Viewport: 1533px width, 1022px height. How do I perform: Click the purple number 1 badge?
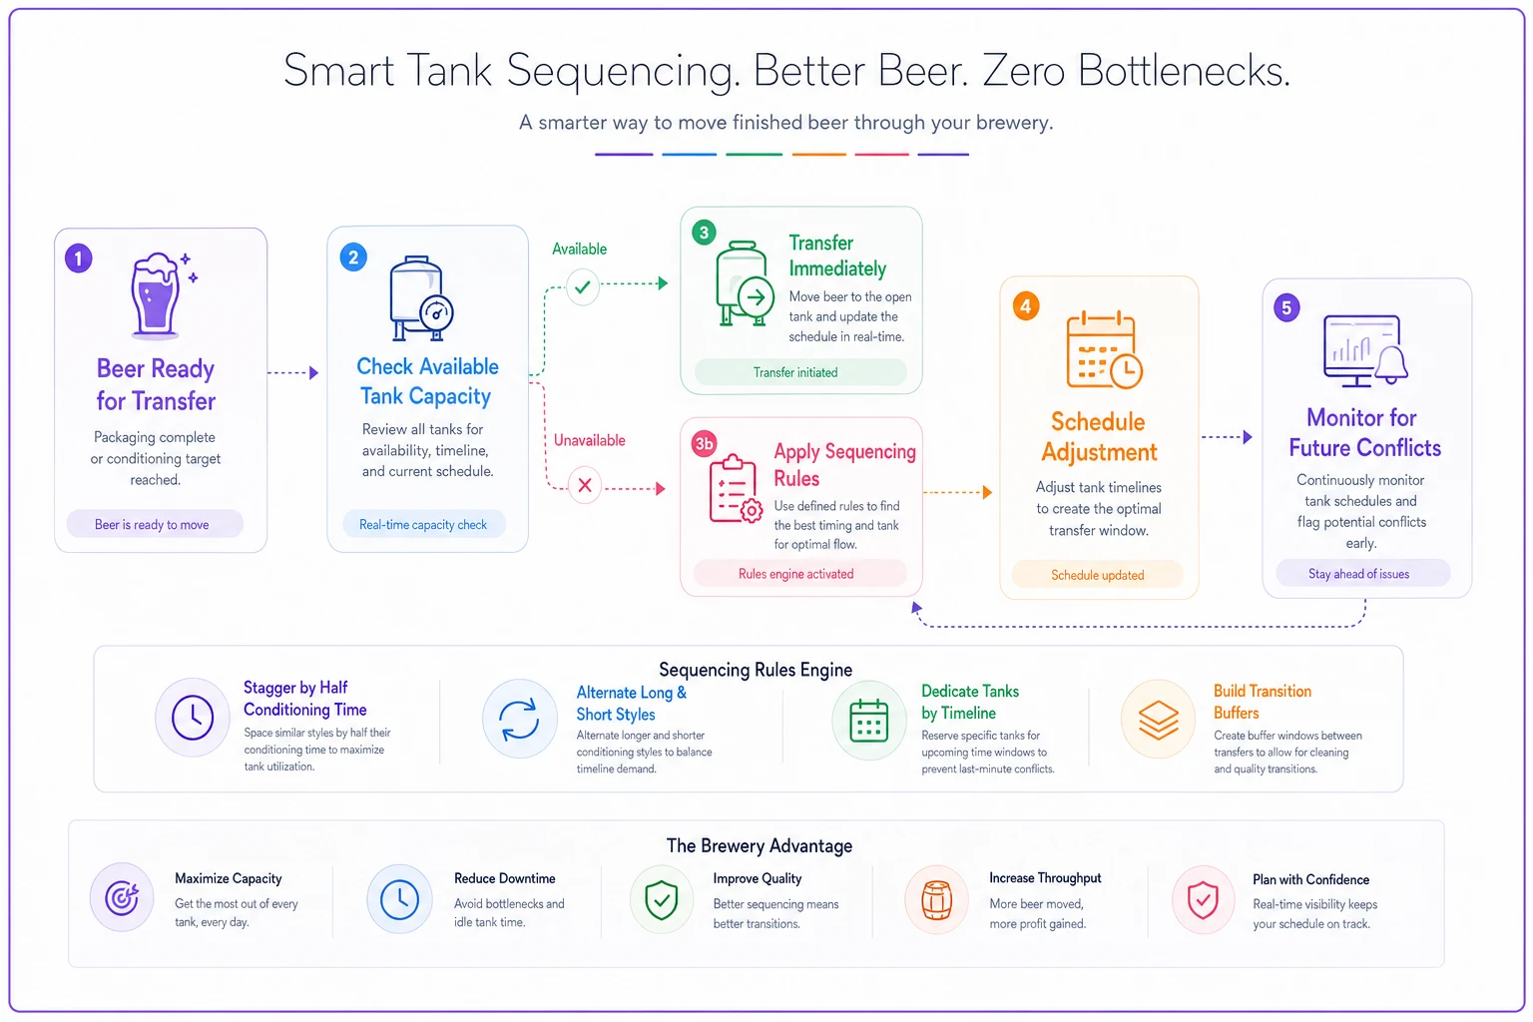[79, 258]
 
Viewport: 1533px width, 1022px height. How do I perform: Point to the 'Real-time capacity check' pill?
[423, 524]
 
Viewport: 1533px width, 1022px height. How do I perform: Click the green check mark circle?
[583, 286]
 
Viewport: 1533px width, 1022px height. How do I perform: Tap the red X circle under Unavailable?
[585, 485]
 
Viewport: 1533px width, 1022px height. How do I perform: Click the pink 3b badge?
[704, 443]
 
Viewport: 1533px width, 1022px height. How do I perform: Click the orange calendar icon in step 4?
[1104, 349]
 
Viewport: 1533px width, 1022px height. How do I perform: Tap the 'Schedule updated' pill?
[1097, 575]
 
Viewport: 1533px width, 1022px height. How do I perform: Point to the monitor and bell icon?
[1364, 350]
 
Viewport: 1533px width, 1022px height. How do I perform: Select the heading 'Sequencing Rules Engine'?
[756, 670]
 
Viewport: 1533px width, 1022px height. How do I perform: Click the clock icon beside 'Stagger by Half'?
[193, 718]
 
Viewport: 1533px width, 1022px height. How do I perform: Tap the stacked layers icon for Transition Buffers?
[1158, 719]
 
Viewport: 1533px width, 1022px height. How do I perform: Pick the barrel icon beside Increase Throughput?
[937, 899]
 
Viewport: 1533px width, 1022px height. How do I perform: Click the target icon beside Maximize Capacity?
[122, 897]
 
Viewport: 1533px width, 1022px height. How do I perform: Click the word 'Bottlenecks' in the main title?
[1184, 71]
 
